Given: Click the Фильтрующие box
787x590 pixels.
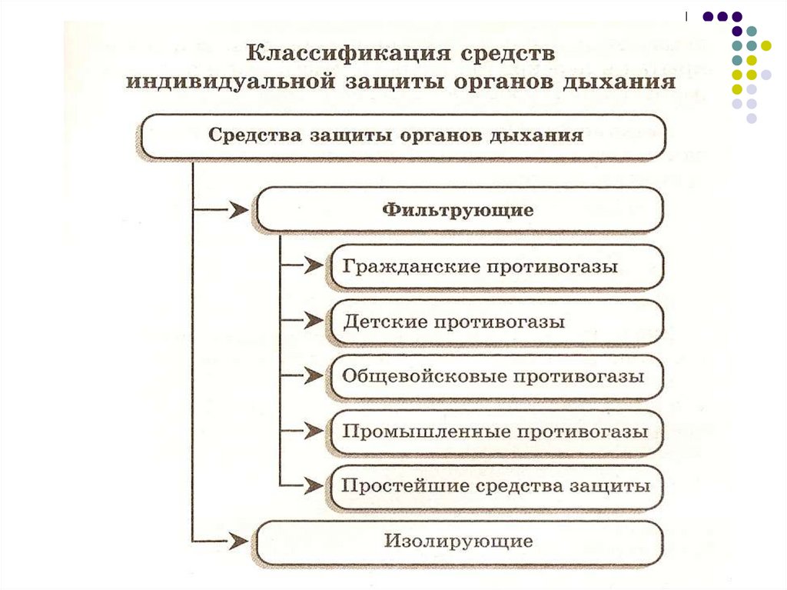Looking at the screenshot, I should pos(459,209).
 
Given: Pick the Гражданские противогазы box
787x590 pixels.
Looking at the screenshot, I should pos(496,266).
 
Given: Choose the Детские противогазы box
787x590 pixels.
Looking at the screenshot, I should pos(496,322).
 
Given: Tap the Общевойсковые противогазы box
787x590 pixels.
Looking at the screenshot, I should pos(496,377).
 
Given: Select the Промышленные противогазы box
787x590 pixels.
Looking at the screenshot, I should pos(496,432).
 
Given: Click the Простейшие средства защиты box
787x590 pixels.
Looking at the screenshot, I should pos(496,486).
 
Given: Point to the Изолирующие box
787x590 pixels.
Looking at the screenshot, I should pos(459,542).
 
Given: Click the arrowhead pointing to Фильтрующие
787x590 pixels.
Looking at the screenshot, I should pos(239,209).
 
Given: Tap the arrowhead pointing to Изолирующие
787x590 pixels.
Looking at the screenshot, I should pos(239,542).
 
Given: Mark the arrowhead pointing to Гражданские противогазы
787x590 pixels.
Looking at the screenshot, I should pos(313,265).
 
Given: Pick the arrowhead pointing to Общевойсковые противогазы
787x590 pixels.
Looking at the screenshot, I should pos(313,376).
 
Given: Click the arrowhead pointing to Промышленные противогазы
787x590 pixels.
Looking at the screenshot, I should pos(313,431).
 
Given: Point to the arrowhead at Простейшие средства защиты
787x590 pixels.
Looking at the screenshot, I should pos(313,486).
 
